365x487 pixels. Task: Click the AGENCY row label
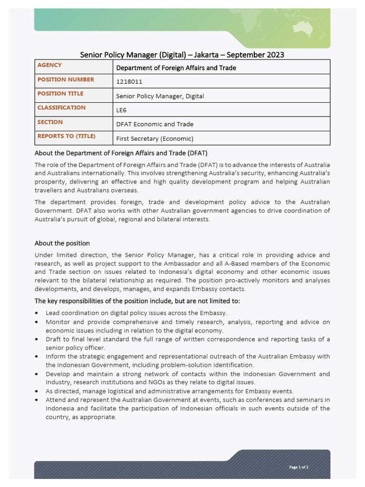tap(49, 65)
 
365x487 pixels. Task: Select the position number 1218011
tap(129, 82)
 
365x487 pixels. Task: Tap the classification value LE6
tap(121, 110)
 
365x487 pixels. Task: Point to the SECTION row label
tap(50, 122)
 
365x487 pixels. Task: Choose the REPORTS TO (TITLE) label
tap(66, 136)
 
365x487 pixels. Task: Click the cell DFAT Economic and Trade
tap(154, 125)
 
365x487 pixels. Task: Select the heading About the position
tap(62, 243)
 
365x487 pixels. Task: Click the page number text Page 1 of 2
tap(299, 467)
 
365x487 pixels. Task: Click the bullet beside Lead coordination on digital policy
tap(37, 313)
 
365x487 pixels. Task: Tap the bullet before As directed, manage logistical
tap(37, 391)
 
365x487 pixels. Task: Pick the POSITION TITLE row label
tap(60, 94)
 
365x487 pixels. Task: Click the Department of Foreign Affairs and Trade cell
tap(176, 68)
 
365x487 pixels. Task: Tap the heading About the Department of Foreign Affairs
tap(121, 153)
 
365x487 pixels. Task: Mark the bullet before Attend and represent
tap(37, 400)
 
